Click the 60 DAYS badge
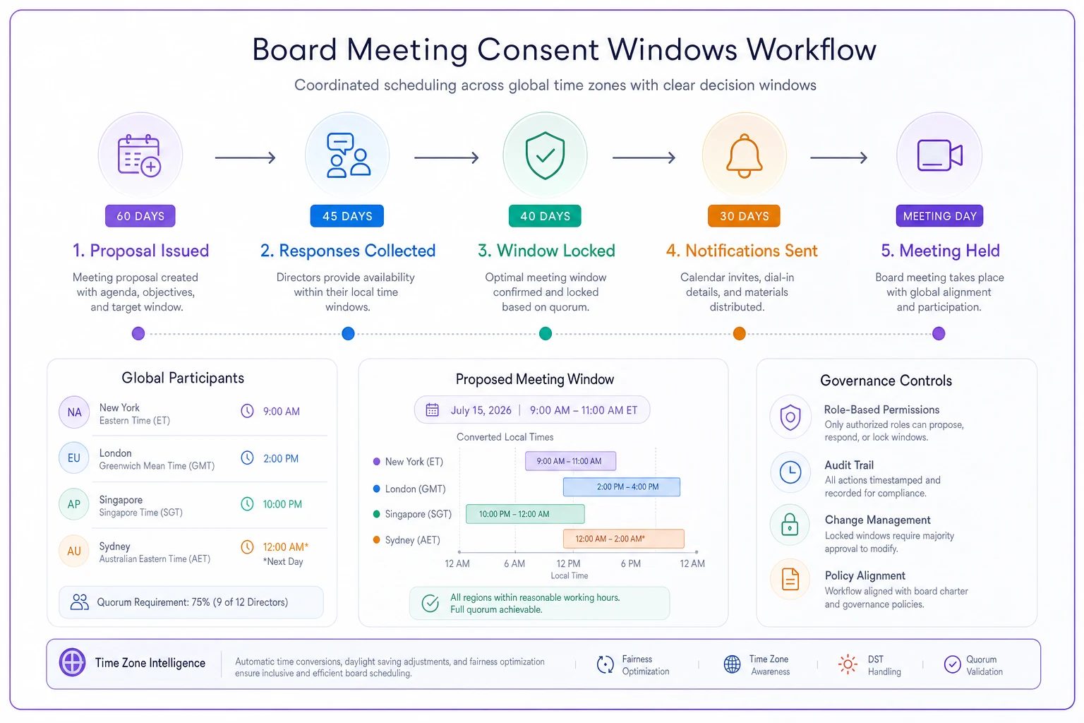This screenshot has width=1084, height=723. pos(140,216)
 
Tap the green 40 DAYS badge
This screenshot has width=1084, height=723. pos(545,216)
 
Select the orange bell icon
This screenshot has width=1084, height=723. pos(745,156)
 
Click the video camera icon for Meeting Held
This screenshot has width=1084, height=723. pos(940,155)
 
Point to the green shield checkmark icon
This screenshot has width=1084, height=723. pos(546,155)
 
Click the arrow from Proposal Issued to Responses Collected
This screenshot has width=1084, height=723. pos(246,157)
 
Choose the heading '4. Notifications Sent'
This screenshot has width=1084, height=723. pos(742,251)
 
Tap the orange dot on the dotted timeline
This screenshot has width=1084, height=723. pos(739,334)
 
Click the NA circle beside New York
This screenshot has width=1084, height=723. pos(74,412)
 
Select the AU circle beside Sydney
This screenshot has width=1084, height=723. pos(74,551)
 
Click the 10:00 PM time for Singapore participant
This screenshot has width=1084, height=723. pos(282,504)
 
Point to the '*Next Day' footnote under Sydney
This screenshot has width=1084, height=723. pos(283,562)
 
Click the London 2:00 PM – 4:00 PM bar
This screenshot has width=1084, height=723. pos(621,486)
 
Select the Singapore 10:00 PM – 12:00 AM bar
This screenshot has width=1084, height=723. pos(525,514)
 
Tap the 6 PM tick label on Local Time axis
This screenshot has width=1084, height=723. pos(630,563)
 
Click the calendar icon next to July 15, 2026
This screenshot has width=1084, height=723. pos(432,410)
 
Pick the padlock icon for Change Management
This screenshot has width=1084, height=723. pos(790,525)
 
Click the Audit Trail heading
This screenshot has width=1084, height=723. pos(849,465)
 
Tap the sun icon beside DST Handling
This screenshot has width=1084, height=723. pos(848,664)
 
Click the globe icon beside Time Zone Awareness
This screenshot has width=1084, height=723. pos(732,664)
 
